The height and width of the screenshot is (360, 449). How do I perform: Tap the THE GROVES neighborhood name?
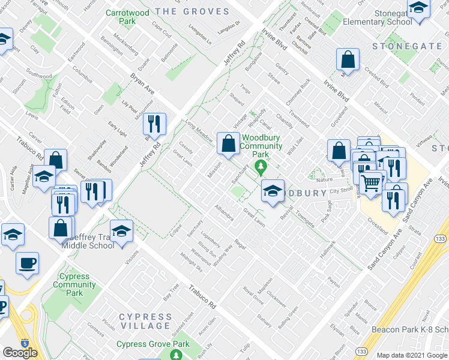click(192, 11)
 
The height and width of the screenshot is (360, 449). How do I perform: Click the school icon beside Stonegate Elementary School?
click(418, 8)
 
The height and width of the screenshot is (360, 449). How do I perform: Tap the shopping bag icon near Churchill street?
click(348, 59)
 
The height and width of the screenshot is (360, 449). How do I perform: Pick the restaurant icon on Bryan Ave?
click(155, 124)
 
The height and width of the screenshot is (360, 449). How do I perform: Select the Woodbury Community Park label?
click(261, 146)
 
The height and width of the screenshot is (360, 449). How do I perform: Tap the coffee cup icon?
click(27, 263)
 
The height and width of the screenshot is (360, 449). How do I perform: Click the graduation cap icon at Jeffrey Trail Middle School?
click(122, 232)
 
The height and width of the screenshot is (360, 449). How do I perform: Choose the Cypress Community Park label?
click(74, 285)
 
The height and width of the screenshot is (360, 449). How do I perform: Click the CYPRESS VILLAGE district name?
click(145, 321)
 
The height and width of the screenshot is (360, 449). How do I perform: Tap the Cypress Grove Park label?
click(152, 344)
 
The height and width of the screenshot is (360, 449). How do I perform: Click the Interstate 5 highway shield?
click(25, 344)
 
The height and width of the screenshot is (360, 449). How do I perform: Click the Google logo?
click(20, 352)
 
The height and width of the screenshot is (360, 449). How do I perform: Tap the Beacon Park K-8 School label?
click(410, 329)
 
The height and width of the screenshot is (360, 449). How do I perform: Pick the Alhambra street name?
click(223, 214)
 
